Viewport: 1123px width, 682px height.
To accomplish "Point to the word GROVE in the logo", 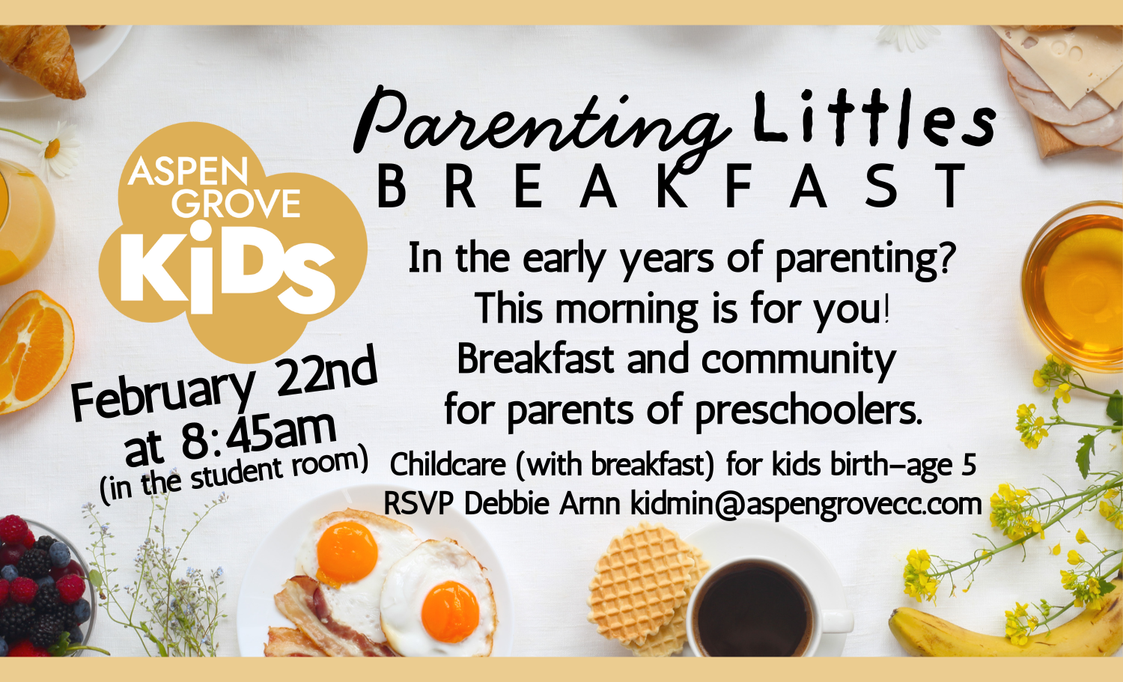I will point(236,203).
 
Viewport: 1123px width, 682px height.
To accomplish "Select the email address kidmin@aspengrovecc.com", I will point(806,504).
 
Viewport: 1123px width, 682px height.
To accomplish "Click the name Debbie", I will point(506,504).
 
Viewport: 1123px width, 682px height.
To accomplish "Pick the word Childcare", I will point(448,465).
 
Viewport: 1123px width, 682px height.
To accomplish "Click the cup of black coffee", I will point(752,606).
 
